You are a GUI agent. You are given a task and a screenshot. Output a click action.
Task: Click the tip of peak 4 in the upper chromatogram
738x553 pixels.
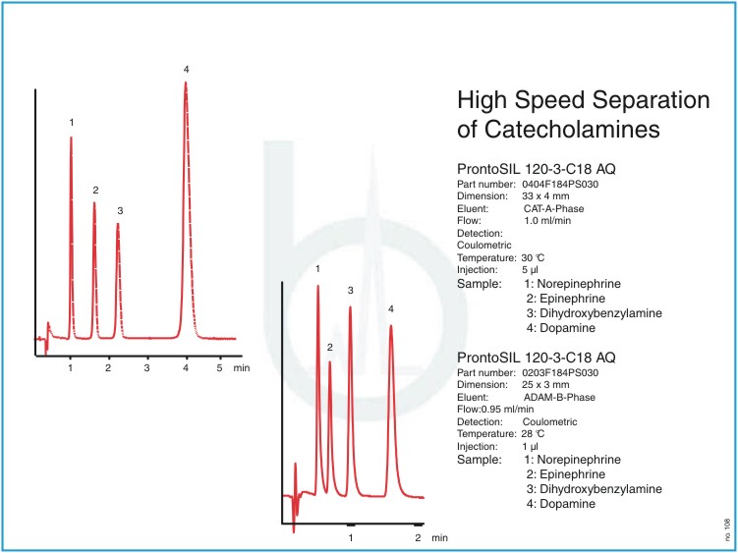(x=186, y=83)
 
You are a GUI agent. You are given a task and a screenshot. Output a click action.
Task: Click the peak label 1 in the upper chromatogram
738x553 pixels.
(x=71, y=122)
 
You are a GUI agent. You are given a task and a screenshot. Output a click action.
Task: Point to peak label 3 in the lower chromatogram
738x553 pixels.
(x=350, y=291)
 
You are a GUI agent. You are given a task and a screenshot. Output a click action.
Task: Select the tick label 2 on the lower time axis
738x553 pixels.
(x=418, y=538)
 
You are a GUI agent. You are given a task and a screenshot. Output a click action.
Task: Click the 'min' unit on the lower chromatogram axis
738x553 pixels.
(x=439, y=538)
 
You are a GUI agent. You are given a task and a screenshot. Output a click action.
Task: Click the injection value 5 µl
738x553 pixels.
(x=532, y=267)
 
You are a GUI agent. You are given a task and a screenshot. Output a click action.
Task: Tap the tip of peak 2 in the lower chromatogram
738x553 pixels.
(x=330, y=363)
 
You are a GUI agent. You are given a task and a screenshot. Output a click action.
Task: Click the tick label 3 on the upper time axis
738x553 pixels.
(x=145, y=366)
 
